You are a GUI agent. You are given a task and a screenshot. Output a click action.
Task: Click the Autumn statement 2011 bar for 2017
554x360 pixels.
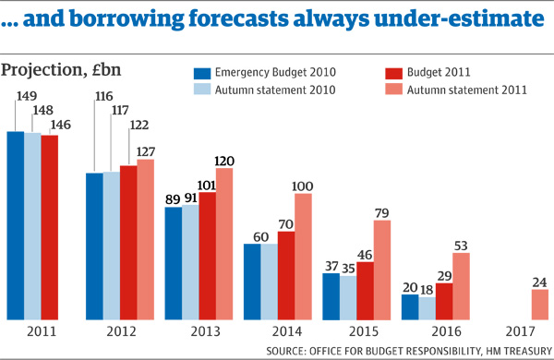[540, 304]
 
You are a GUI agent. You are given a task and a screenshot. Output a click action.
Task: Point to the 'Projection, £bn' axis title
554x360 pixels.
[61, 70]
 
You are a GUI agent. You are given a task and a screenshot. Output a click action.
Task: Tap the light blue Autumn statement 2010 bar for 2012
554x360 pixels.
[111, 245]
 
